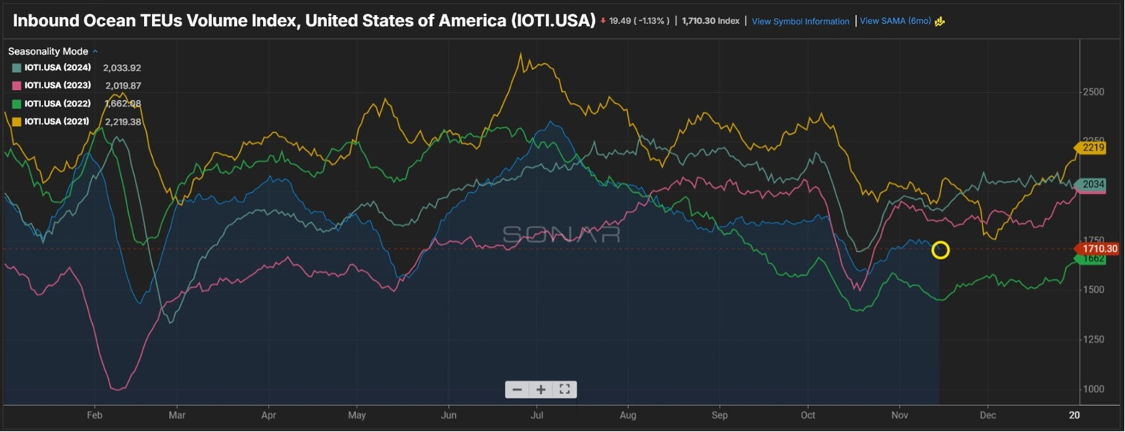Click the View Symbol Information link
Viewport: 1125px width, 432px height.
point(800,22)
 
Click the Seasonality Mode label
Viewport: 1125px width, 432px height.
point(48,52)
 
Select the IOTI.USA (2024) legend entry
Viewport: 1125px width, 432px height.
point(58,68)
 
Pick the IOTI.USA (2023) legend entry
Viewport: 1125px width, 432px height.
point(58,86)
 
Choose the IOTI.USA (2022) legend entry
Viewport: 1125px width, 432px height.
point(58,104)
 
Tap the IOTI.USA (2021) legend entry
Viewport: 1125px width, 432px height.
point(58,122)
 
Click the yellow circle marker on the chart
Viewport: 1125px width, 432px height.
point(941,250)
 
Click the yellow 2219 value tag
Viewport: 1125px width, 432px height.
point(1092,148)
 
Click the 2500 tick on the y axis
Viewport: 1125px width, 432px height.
point(1093,92)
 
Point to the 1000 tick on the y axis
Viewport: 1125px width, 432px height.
point(1093,389)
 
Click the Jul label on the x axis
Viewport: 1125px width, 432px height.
point(537,415)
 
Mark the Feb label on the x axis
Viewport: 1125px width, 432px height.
point(94,415)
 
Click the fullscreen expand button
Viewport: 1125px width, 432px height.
point(565,390)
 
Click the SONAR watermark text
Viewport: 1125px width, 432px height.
point(561,235)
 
